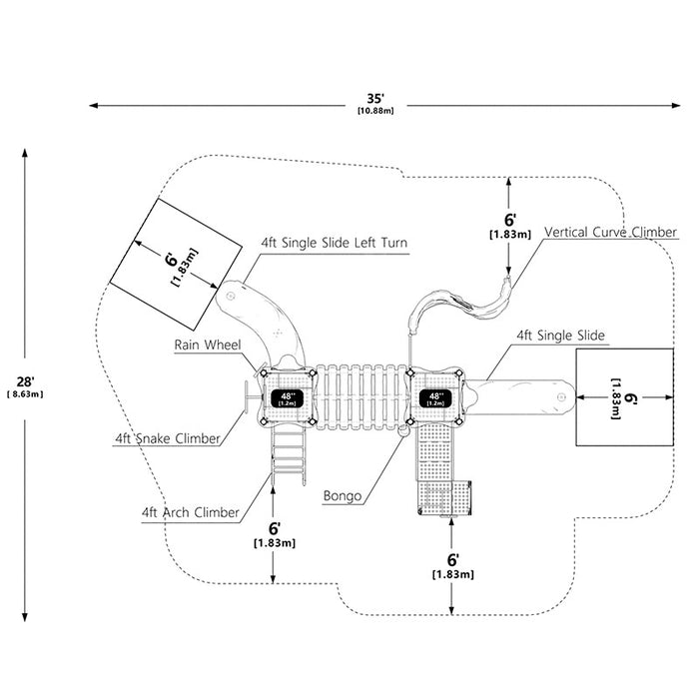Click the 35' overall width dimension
[x=375, y=98]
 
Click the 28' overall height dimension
[x=25, y=381]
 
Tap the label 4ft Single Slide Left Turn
[x=334, y=243]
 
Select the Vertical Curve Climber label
[x=610, y=233]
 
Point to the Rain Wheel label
[x=208, y=345]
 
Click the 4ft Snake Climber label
[x=168, y=438]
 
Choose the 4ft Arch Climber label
[x=191, y=512]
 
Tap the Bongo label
[x=342, y=496]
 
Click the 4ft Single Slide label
[x=560, y=336]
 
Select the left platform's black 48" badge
[x=288, y=398]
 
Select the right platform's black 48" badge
[x=435, y=398]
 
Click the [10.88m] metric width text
[x=375, y=111]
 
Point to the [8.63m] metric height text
[x=25, y=394]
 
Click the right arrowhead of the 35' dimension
[x=676, y=106]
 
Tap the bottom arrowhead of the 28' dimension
[x=25, y=616]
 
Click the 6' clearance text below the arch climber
[x=274, y=528]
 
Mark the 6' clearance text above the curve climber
[x=510, y=221]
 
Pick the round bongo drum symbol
[x=403, y=430]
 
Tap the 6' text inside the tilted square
[x=171, y=260]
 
